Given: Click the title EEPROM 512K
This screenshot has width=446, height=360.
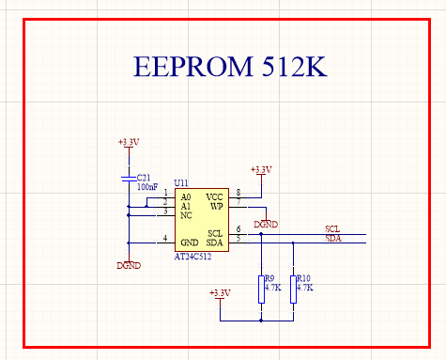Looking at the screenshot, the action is click(x=230, y=66).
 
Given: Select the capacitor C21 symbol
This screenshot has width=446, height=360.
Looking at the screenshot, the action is click(x=129, y=179).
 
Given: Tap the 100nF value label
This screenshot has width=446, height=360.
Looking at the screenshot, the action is click(x=147, y=187).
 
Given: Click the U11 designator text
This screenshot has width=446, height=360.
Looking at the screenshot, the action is click(x=181, y=182).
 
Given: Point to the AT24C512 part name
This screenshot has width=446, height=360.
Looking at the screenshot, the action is click(x=192, y=257).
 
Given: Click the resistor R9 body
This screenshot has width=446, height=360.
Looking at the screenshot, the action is click(x=261, y=290).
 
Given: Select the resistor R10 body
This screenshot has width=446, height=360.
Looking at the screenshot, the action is click(x=293, y=290).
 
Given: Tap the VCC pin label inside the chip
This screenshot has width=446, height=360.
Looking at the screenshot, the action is click(x=214, y=197).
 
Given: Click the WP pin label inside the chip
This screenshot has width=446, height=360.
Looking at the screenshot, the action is click(x=217, y=206).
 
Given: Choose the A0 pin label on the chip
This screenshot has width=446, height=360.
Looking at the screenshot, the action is click(x=186, y=197).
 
